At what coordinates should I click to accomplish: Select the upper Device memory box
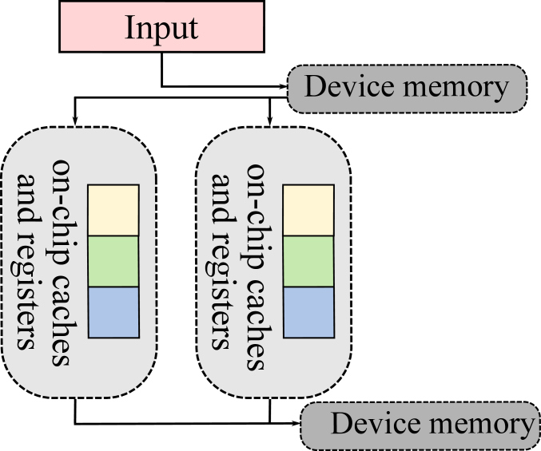408,87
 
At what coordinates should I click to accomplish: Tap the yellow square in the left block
113,209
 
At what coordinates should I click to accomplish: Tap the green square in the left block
113,260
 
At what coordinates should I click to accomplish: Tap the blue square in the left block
113,311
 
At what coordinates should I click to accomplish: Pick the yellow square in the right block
308,209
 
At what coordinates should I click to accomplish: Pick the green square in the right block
308,260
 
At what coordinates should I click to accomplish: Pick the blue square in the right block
308,311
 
